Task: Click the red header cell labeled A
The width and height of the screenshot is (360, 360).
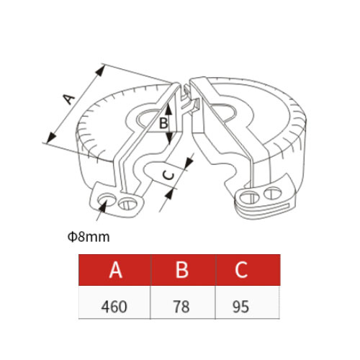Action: [x=114, y=270]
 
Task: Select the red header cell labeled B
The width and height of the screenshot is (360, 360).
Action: [x=183, y=270]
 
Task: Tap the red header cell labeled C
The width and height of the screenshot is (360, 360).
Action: [x=248, y=270]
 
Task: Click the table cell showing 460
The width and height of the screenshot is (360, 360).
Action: [x=114, y=302]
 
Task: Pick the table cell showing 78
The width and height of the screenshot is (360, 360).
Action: [x=183, y=302]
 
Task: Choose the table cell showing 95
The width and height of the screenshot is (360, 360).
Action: [x=248, y=302]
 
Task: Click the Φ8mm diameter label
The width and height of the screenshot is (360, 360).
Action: [x=89, y=237]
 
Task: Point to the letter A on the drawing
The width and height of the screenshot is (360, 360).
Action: [x=68, y=99]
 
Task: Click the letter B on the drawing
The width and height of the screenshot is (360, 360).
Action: [x=163, y=124]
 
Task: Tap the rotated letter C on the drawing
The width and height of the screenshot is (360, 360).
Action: [x=168, y=174]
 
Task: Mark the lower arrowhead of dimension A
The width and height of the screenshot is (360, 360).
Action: [x=51, y=138]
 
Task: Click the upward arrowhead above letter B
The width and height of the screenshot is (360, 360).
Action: [x=168, y=108]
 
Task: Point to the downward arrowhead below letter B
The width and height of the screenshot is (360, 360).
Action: [x=169, y=138]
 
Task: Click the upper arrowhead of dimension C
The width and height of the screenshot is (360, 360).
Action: [x=189, y=162]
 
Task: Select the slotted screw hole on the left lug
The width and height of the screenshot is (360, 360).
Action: [x=127, y=204]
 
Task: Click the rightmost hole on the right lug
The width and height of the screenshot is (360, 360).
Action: [x=273, y=194]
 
